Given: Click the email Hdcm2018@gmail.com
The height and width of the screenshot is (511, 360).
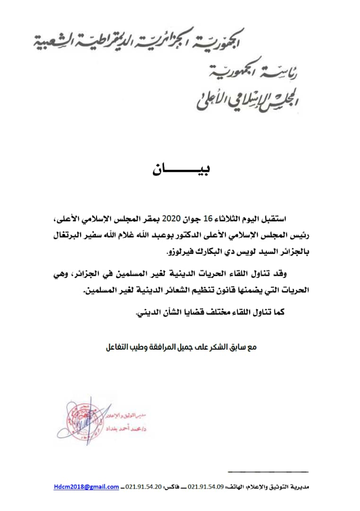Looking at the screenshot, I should click(86, 486).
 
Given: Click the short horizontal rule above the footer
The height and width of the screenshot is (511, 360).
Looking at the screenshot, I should click(267, 472).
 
